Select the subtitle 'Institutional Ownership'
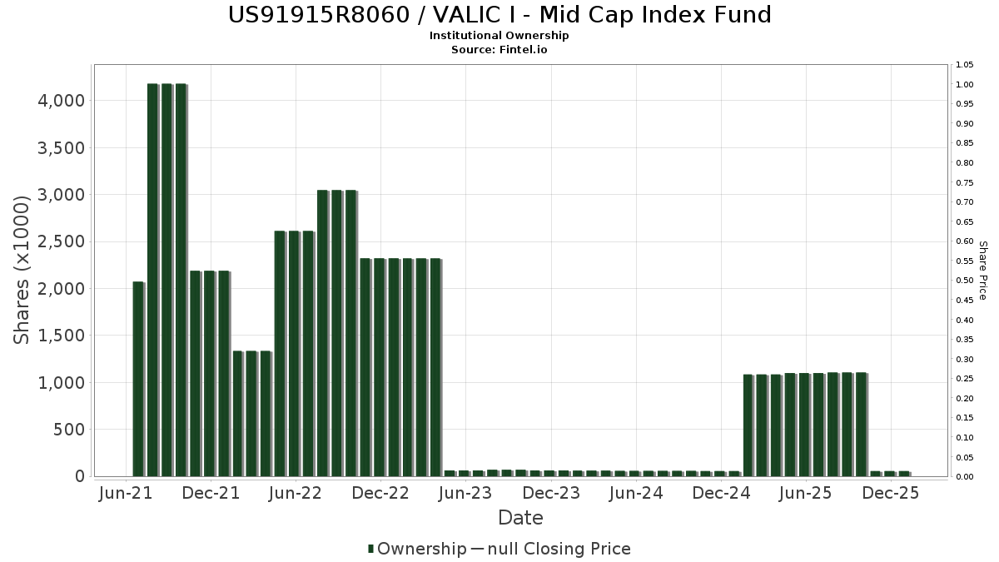click(x=499, y=36)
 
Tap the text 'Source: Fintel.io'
click(x=499, y=49)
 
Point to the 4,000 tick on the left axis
click(x=61, y=101)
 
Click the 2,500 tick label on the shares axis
click(x=61, y=241)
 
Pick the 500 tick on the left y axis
click(x=68, y=430)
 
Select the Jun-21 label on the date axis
click(x=126, y=493)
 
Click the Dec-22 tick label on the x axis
click(x=380, y=493)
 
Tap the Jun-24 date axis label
click(x=636, y=493)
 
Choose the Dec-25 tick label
click(x=891, y=493)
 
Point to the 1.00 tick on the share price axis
click(x=965, y=85)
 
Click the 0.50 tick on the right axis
click(x=965, y=281)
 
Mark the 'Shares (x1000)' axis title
click(x=22, y=271)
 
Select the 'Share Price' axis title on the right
click(x=983, y=271)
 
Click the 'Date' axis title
click(x=520, y=518)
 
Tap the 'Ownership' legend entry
click(x=416, y=549)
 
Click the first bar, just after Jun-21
click(x=139, y=379)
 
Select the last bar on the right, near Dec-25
click(x=905, y=474)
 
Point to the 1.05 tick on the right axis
click(x=965, y=65)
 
